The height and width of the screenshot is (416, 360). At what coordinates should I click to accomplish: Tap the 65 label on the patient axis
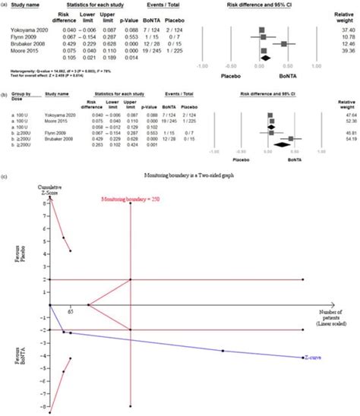(x=69, y=311)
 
